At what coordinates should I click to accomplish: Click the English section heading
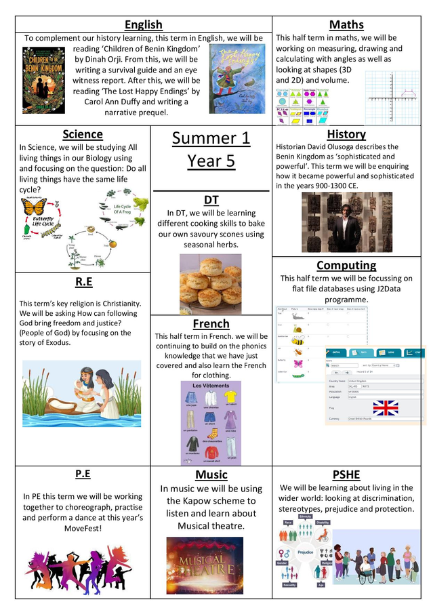pyautogui.click(x=144, y=25)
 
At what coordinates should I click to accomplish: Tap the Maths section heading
pyautogui.click(x=346, y=25)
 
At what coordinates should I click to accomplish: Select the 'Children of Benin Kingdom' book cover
pyautogui.click(x=43, y=80)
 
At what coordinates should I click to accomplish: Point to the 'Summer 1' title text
pyautogui.click(x=211, y=138)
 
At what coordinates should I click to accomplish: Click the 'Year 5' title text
pyautogui.click(x=211, y=161)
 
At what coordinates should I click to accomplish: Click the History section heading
pyautogui.click(x=346, y=134)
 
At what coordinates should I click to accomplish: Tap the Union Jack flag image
pyautogui.click(x=386, y=407)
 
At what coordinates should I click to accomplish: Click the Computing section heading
pyautogui.click(x=346, y=265)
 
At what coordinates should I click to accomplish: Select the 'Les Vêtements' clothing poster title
pyautogui.click(x=210, y=386)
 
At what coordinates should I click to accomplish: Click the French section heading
pyautogui.click(x=211, y=324)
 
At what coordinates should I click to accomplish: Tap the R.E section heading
pyautogui.click(x=83, y=281)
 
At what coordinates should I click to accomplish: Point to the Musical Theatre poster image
pyautogui.click(x=205, y=565)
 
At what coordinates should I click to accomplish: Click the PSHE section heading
pyautogui.click(x=346, y=474)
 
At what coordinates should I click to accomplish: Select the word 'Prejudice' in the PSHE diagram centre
pyautogui.click(x=306, y=552)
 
